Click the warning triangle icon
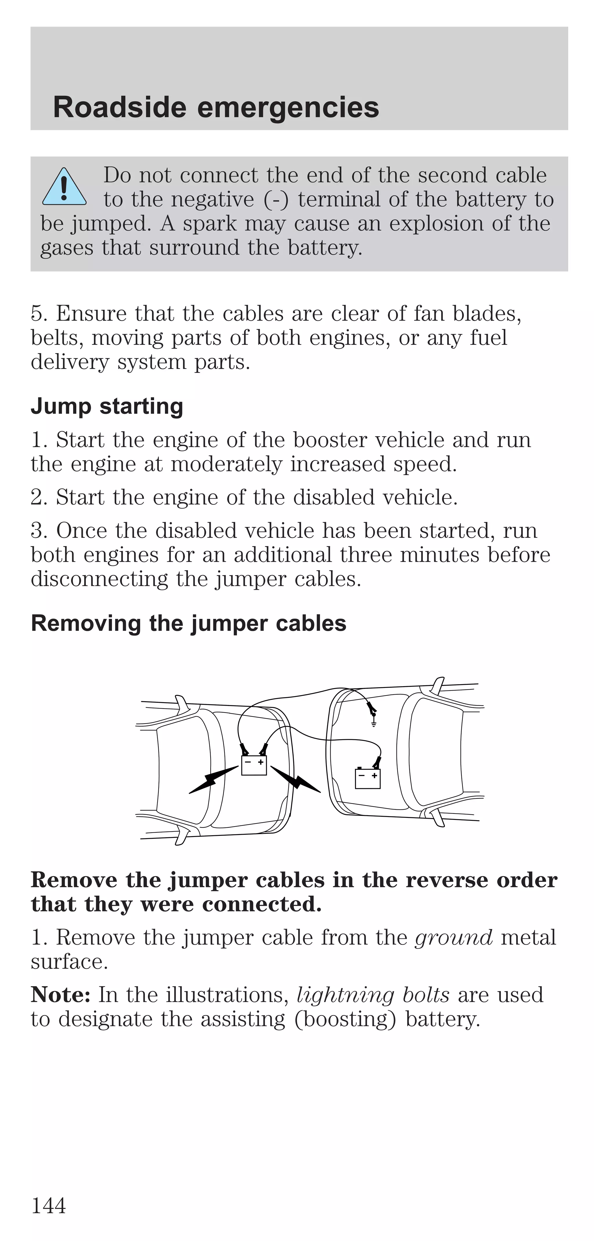pyautogui.click(x=64, y=187)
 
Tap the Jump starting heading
pyautogui.click(x=107, y=406)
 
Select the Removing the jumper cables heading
pyautogui.click(x=188, y=623)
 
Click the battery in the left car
pyautogui.click(x=253, y=765)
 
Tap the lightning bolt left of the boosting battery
pyautogui.click(x=212, y=780)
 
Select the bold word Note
pyautogui.click(x=61, y=995)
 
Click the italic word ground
pyautogui.click(x=453, y=938)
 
